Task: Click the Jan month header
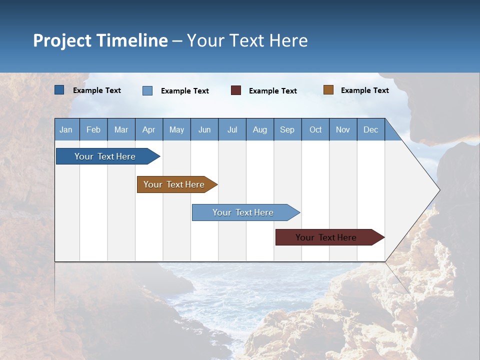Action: click(x=66, y=130)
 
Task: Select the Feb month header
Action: click(x=93, y=130)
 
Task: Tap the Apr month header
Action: click(x=148, y=130)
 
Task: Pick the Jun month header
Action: click(x=204, y=130)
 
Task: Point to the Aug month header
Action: click(x=259, y=130)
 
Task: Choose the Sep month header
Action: click(x=287, y=130)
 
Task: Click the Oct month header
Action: click(x=315, y=130)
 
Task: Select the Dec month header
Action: click(x=370, y=130)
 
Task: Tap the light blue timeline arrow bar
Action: click(x=243, y=212)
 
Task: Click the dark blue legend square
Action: click(x=59, y=90)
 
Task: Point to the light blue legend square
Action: click(x=147, y=90)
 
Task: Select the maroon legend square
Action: click(x=236, y=90)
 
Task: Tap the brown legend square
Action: click(x=328, y=90)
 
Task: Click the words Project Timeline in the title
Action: click(x=100, y=40)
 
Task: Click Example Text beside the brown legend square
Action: click(x=364, y=90)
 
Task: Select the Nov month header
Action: click(x=343, y=130)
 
